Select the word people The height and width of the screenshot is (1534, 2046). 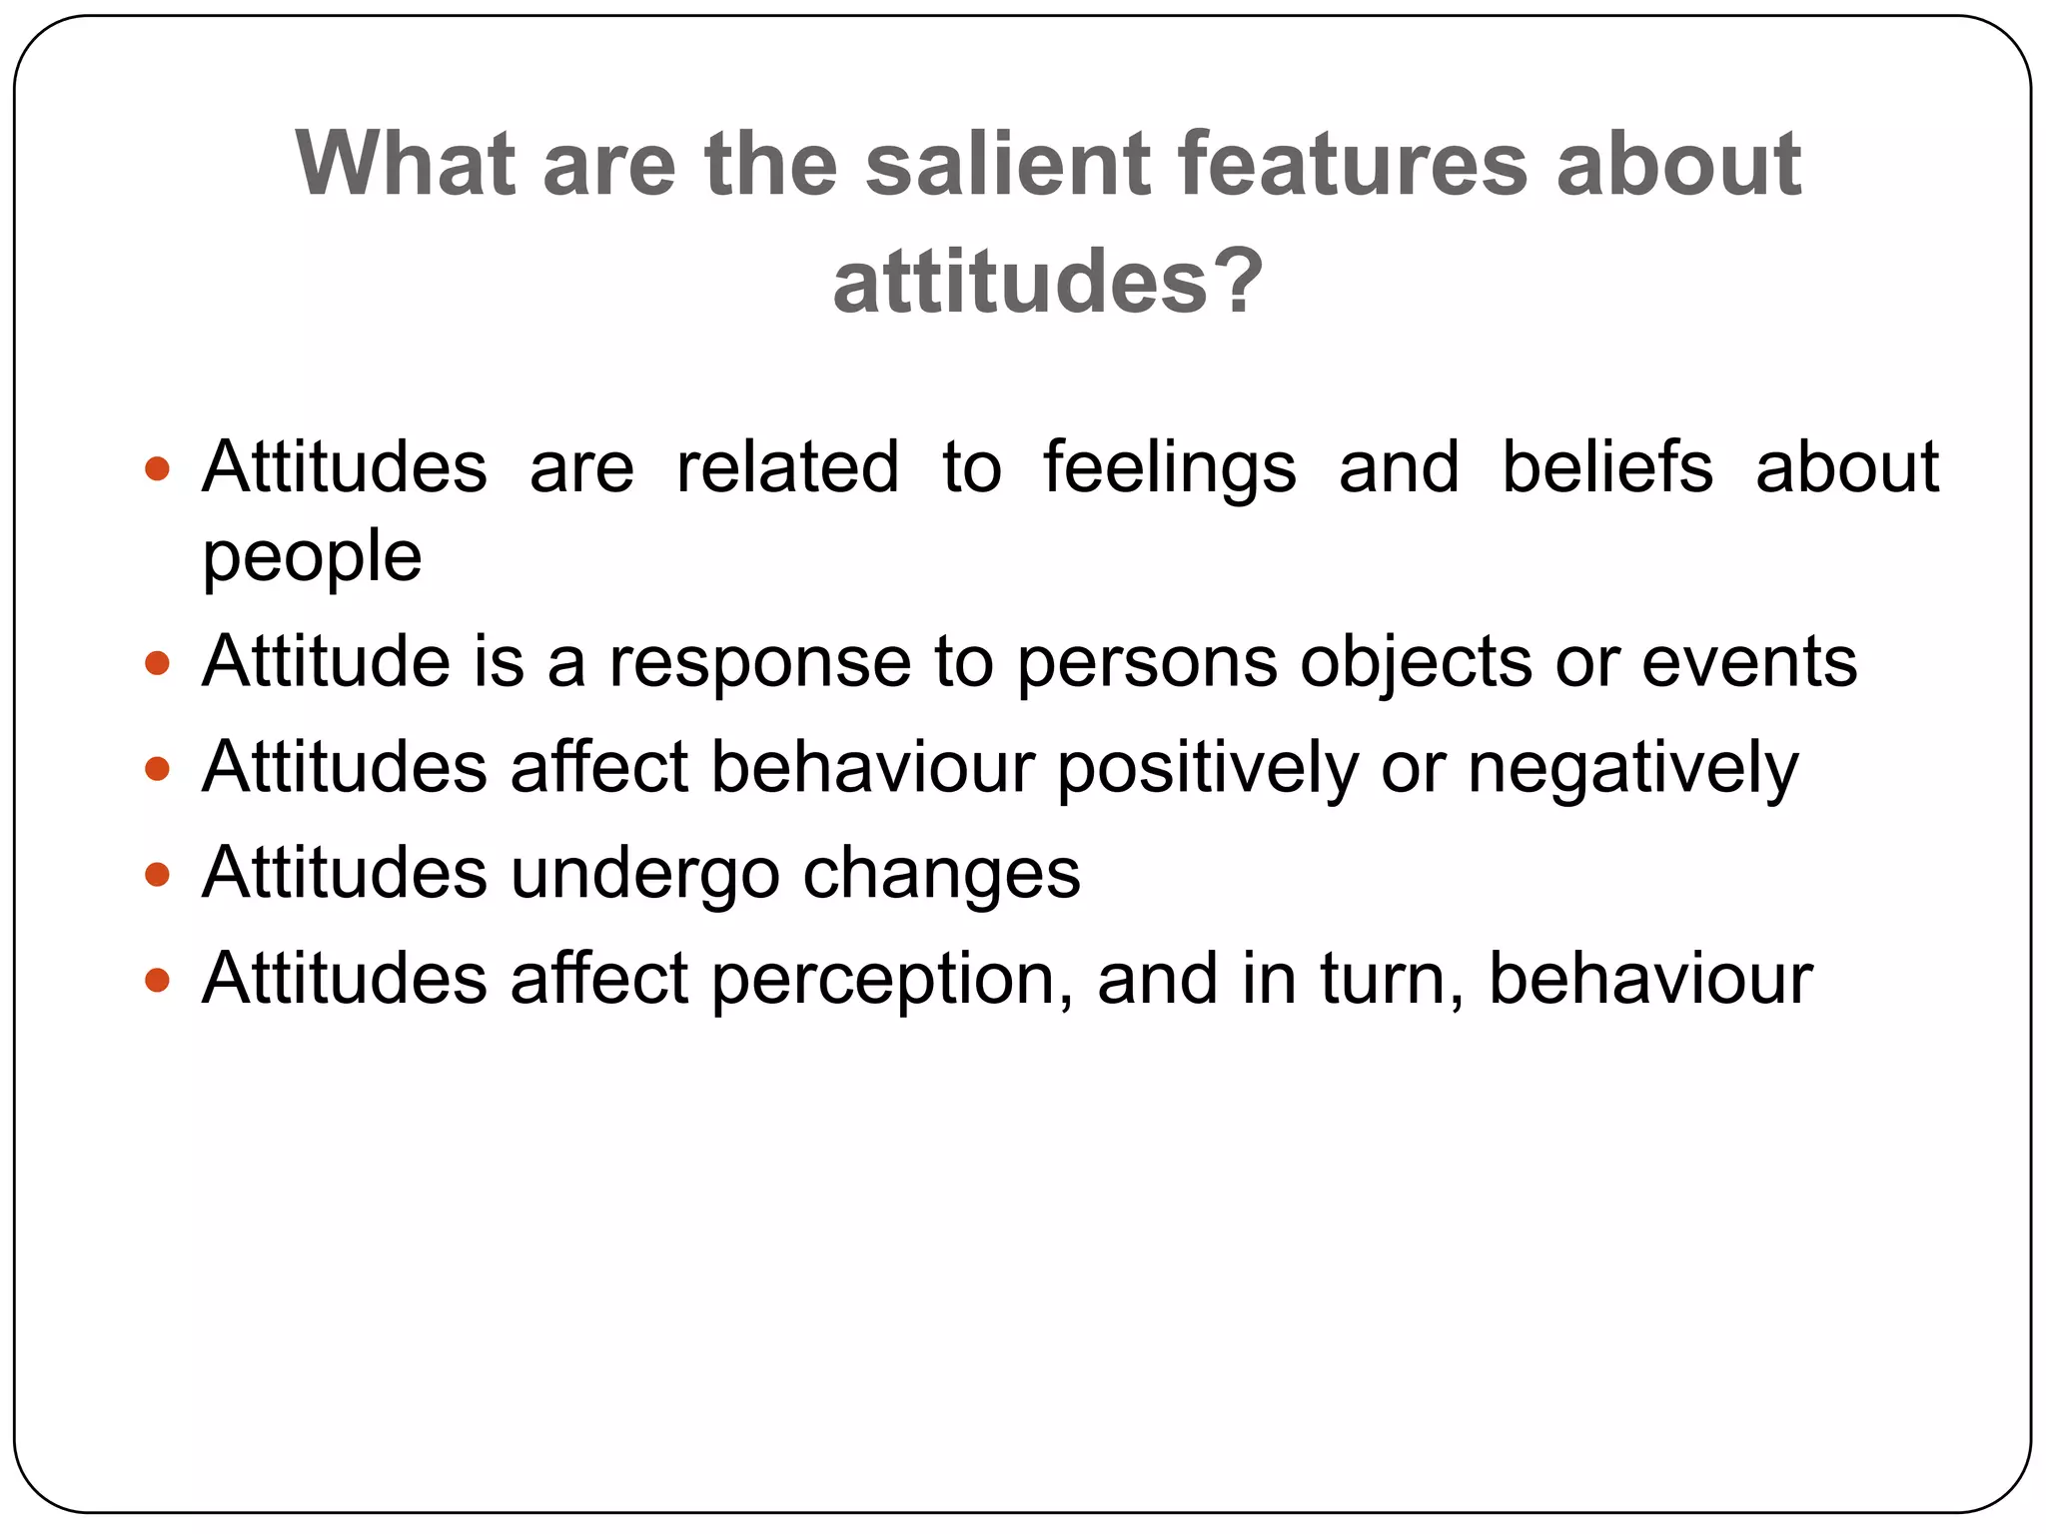tap(312, 557)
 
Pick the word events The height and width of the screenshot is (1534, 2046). tap(1748, 662)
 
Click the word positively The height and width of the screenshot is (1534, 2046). tap(1207, 770)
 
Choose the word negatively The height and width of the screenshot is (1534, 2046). tap(1632, 770)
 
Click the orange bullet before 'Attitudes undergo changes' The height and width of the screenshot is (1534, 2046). tap(157, 875)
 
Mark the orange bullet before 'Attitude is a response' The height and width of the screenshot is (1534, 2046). tap(157, 662)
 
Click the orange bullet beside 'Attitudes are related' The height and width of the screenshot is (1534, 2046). tap(157, 468)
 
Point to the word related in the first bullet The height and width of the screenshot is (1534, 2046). tap(787, 466)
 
